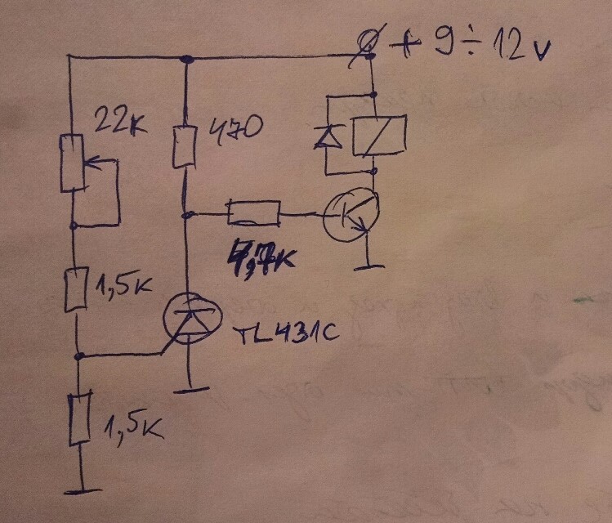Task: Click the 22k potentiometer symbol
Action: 73,163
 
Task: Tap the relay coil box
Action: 377,135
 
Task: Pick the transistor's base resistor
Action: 253,214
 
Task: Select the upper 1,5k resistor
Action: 75,288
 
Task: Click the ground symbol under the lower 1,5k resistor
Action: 82,490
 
